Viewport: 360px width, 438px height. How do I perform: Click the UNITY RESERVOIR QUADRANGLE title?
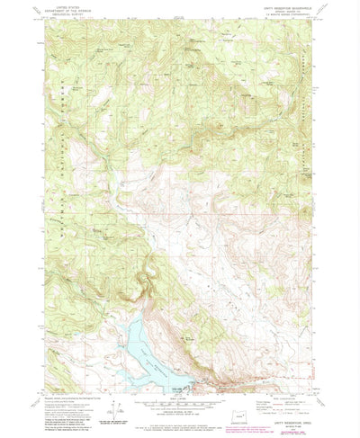[x=286, y=7]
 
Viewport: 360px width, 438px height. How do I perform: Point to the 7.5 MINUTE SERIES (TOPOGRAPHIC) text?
[x=286, y=14]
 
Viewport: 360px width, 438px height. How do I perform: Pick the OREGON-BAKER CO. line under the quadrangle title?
[x=286, y=11]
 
